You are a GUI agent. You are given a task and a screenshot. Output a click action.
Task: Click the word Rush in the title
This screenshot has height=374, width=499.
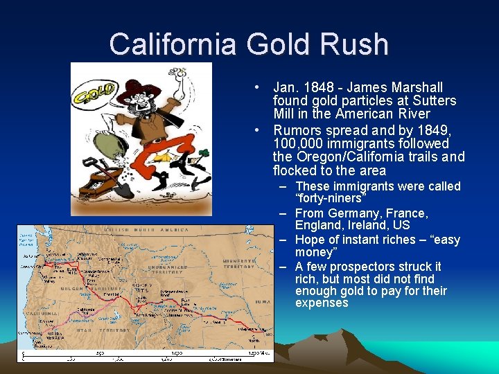351,44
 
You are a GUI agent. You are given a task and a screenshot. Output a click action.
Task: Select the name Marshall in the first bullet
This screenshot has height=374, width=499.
417,88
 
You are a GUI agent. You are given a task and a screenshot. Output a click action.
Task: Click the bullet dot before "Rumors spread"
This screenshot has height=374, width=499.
257,130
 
